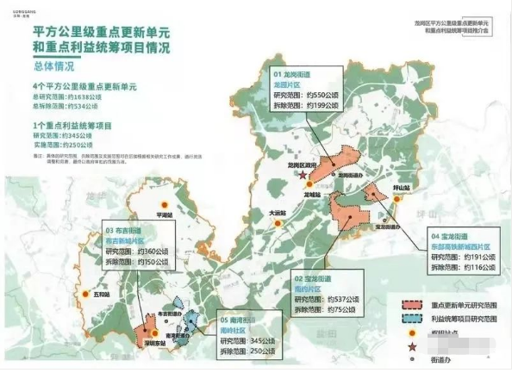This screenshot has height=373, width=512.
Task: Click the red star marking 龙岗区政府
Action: [x=303, y=175]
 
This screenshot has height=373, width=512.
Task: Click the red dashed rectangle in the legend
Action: [x=415, y=304]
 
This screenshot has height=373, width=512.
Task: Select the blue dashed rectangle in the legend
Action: [x=415, y=317]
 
